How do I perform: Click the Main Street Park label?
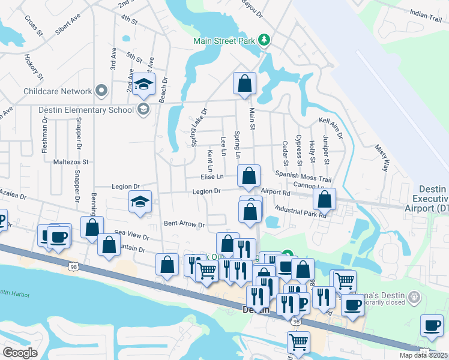224,41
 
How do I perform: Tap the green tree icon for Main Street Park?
264,40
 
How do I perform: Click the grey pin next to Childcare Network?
101,91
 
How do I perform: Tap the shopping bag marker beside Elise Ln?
249,176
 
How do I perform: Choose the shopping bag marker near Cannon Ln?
324,199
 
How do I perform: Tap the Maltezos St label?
70,162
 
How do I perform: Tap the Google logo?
20,353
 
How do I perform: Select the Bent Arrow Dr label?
184,224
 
